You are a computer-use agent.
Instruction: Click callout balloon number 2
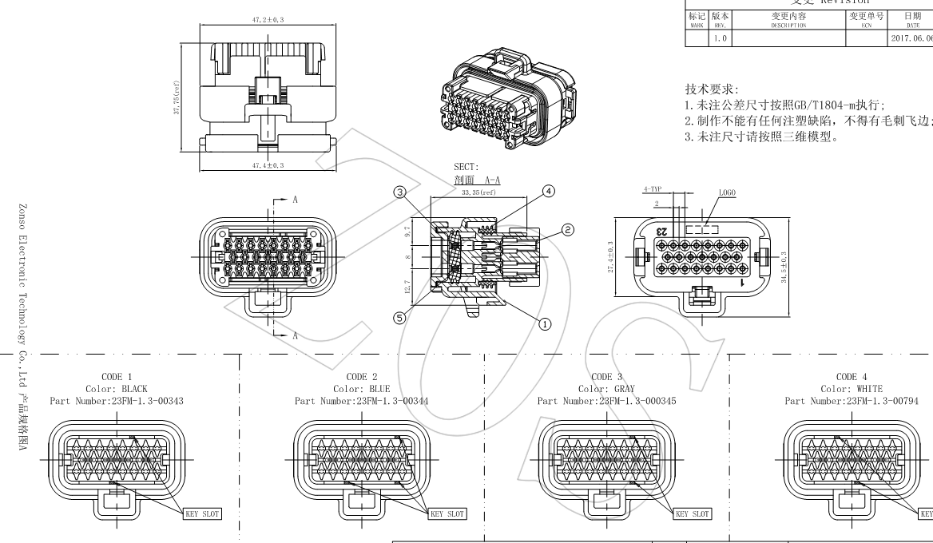point(568,229)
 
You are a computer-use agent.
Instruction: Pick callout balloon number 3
point(400,192)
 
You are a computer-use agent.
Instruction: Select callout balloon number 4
point(548,191)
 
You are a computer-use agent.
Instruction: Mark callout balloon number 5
point(400,317)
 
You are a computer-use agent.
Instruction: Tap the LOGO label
point(726,193)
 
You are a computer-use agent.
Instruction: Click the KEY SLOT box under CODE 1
point(201,514)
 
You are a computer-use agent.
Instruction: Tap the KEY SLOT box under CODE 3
point(692,514)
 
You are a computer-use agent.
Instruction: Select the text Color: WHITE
point(846,389)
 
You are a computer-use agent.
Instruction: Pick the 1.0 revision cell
point(721,38)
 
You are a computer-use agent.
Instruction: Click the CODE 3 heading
point(606,377)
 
